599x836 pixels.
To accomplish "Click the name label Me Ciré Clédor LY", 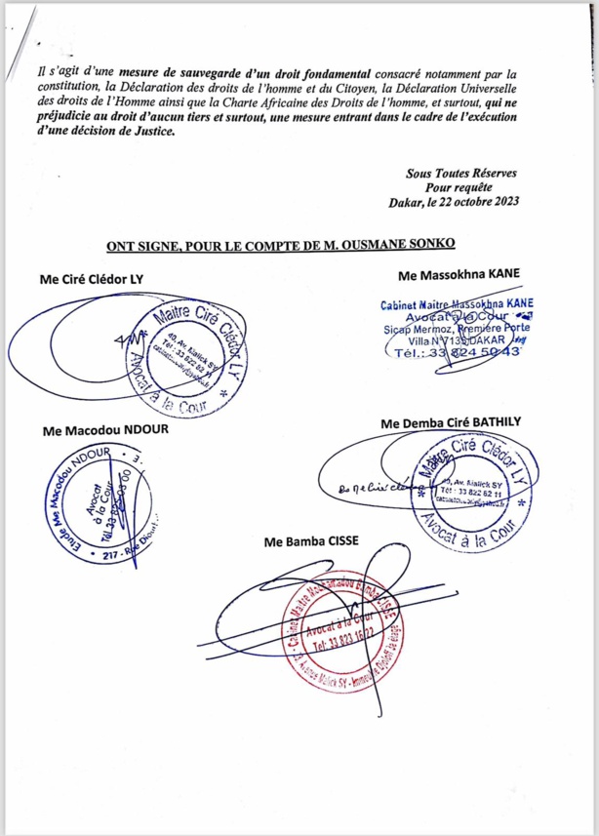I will (91, 279).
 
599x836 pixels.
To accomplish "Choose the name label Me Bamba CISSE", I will (302, 540).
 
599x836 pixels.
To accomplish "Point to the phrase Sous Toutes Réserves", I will (462, 173).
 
